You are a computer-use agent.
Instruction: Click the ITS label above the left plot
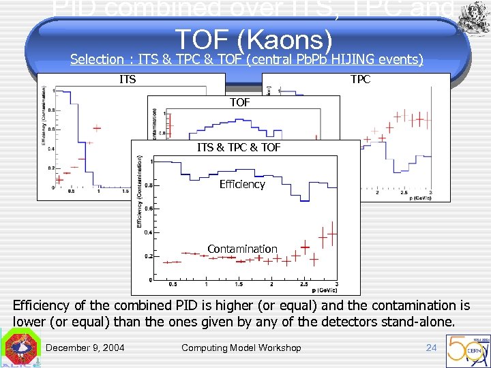click(x=128, y=80)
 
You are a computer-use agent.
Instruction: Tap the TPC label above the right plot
click(x=361, y=80)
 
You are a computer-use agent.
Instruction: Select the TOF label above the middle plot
click(x=239, y=103)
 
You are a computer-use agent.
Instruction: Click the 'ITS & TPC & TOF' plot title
click(x=239, y=147)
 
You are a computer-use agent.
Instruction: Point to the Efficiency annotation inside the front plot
click(x=242, y=184)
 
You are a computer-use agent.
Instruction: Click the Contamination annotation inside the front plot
click(x=242, y=249)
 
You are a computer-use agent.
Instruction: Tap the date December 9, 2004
click(x=85, y=348)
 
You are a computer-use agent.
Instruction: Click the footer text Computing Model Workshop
click(x=241, y=348)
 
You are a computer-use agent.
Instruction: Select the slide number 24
click(x=431, y=348)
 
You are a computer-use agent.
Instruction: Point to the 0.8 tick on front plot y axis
click(x=148, y=185)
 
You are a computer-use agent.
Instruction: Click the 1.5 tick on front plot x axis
click(x=239, y=284)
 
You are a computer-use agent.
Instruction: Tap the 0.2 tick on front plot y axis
click(x=148, y=256)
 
